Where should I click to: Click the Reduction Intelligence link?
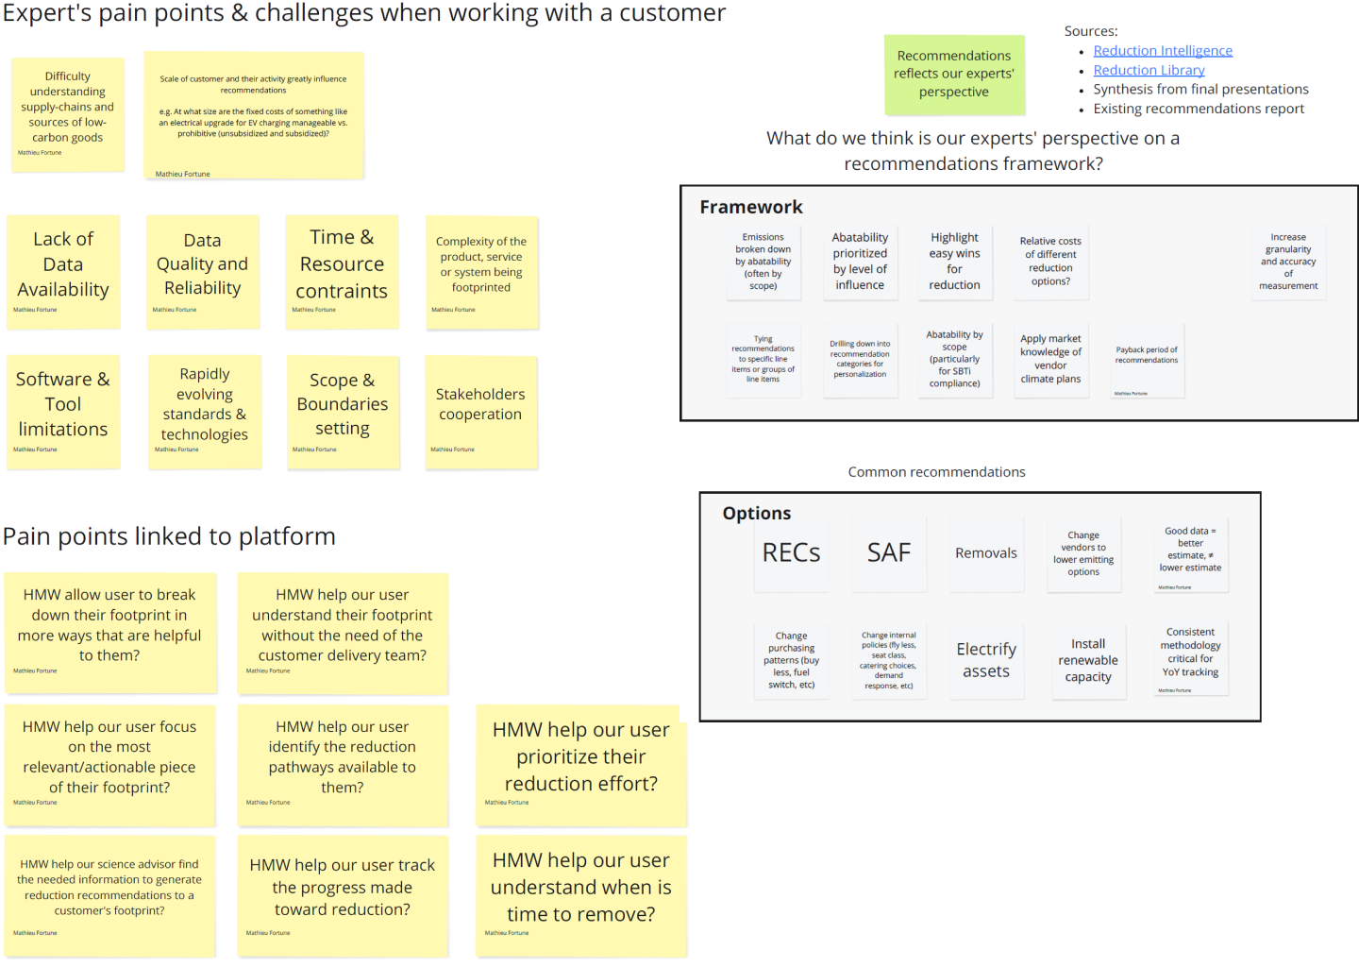click(1162, 51)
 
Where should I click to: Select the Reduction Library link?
click(1149, 70)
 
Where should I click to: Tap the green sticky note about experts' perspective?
click(954, 74)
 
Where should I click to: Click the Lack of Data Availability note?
click(63, 271)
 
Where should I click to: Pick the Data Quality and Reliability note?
click(203, 271)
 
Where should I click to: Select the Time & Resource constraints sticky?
click(342, 271)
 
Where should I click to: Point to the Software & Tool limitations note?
click(63, 411)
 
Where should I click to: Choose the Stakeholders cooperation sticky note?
click(480, 411)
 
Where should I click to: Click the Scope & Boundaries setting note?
click(343, 411)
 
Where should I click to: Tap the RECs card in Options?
click(791, 553)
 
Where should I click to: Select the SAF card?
click(889, 553)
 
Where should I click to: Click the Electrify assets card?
click(986, 660)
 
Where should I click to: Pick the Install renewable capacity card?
click(1088, 660)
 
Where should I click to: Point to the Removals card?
click(986, 553)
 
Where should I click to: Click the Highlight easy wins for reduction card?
click(954, 262)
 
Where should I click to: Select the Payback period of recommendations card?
click(1147, 360)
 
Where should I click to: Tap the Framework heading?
click(751, 207)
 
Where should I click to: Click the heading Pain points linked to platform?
click(170, 536)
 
